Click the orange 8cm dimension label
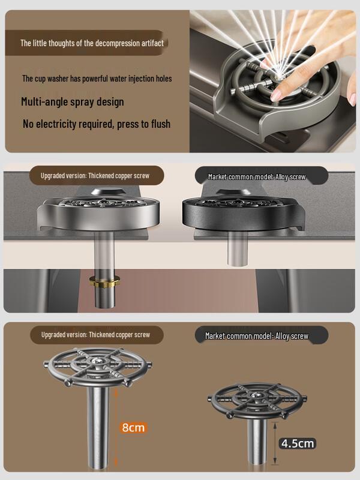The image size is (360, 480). tap(133, 427)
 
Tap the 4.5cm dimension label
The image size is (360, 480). tap(298, 443)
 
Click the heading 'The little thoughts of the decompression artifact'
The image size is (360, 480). tap(92, 43)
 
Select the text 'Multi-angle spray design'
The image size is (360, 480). tap(73, 101)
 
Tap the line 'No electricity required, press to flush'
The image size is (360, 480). tap(97, 124)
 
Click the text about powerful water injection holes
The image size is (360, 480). tap(97, 79)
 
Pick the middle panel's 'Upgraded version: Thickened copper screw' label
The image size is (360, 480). tap(95, 176)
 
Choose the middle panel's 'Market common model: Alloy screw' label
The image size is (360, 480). tap(257, 177)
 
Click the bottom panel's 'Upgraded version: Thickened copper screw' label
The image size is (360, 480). tap(95, 334)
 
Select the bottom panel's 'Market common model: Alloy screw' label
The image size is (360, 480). tap(257, 336)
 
